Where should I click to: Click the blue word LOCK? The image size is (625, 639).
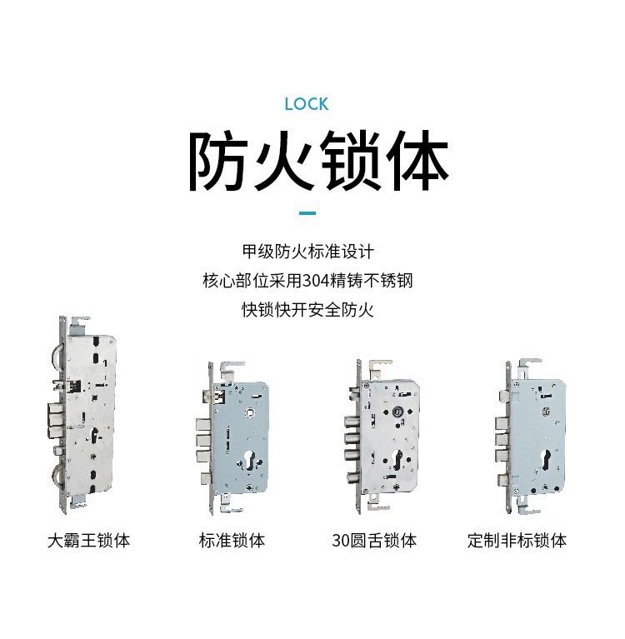point(306,104)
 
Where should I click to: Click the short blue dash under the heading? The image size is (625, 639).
point(307,212)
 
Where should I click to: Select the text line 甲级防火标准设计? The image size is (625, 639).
point(307,252)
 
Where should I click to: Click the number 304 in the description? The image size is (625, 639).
point(317,281)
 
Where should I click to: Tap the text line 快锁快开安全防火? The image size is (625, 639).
point(307,310)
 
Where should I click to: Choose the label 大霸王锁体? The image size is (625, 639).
point(88,541)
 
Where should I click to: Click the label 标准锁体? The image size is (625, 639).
point(232,541)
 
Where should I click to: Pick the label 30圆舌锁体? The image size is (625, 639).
point(374,541)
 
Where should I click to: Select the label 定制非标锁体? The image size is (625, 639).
point(517,541)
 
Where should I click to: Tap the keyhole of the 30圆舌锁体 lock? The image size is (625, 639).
point(397,458)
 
